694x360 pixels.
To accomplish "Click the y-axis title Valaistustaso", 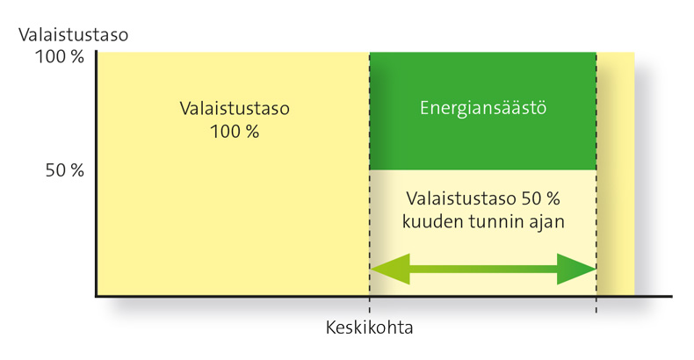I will pos(73,36).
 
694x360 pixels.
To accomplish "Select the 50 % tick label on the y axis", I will pos(64,170).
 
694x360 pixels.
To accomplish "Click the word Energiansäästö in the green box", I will pos(482,109).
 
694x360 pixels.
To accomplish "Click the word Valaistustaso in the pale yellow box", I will pos(459,198).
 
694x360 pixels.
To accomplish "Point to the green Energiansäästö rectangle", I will pos(482,140).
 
